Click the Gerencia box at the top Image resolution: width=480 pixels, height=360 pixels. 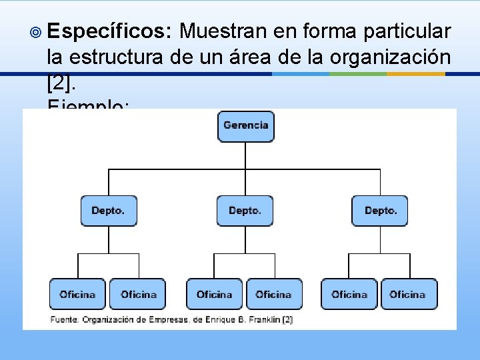coord(246,126)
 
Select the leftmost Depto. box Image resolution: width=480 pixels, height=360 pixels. coord(108,211)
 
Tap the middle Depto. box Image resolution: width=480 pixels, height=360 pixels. coord(245,211)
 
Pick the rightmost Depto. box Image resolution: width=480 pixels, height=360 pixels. coord(381,211)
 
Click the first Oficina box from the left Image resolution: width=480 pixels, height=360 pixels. coord(77,294)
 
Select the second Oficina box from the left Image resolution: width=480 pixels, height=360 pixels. coord(138,294)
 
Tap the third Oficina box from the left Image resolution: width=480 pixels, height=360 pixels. coord(215,294)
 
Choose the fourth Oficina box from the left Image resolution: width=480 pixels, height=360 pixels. coord(273,294)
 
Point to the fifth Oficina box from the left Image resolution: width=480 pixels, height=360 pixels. coord(349,294)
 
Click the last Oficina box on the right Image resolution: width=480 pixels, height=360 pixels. coord(408,294)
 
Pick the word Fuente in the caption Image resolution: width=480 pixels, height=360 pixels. coord(63,320)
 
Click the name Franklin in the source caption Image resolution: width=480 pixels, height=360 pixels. coord(263,320)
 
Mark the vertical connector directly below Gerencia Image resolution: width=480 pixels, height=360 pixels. coord(246,155)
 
